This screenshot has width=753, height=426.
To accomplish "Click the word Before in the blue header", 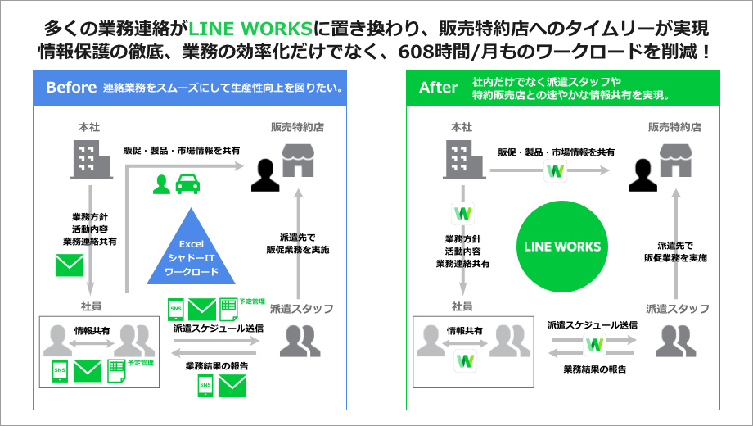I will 71,88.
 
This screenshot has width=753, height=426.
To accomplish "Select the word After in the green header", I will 438,88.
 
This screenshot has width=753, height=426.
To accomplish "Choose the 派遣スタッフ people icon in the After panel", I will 676,340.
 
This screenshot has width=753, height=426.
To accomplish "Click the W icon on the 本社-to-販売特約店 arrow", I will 556,171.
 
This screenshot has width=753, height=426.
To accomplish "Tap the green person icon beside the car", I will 161,184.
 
